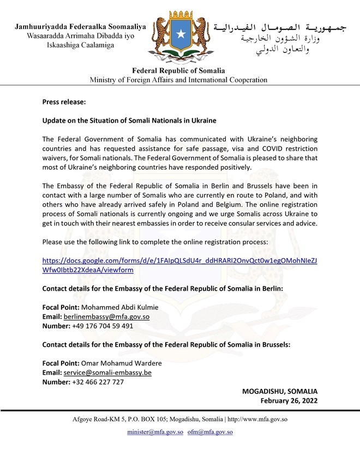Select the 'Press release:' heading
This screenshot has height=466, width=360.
click(64, 102)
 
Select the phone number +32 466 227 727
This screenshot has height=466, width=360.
click(98, 382)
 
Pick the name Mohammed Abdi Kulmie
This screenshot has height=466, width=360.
click(119, 307)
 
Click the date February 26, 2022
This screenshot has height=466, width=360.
click(289, 401)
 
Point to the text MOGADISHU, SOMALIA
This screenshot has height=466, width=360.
click(280, 391)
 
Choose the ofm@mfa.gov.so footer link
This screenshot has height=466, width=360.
click(210, 432)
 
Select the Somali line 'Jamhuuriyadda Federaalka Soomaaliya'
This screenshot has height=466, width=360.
click(80, 26)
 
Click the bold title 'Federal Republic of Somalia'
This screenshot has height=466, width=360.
click(179, 70)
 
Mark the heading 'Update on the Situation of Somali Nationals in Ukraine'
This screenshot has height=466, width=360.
click(129, 120)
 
